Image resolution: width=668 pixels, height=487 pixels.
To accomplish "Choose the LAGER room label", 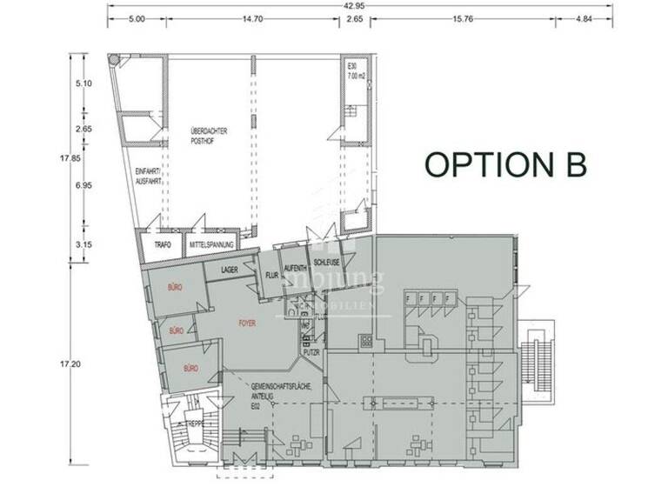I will pyautogui.click(x=230, y=270).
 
